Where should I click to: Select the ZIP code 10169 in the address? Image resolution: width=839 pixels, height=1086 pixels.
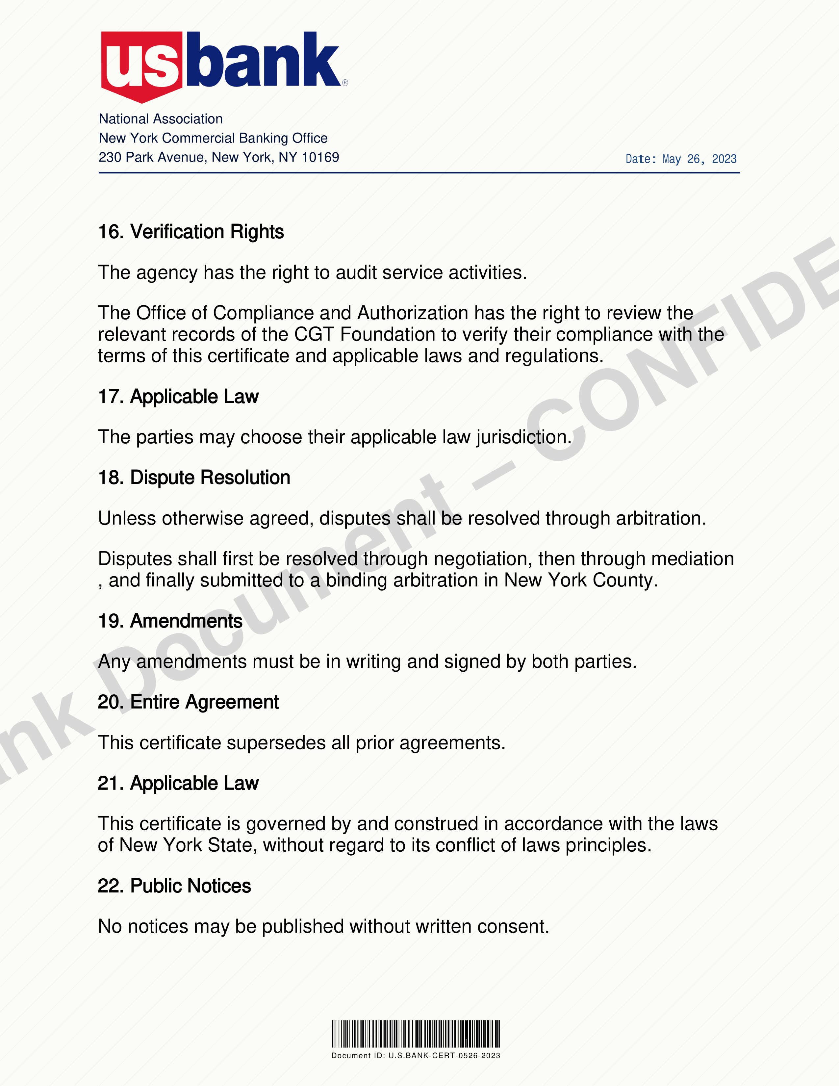pos(320,157)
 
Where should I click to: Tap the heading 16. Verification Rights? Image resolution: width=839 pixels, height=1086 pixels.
pos(191,232)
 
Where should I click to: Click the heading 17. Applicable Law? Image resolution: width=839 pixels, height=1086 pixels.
pos(178,396)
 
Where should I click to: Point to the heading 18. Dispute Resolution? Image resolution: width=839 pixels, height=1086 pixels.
pos(194,478)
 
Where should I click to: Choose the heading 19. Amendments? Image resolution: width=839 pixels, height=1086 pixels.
pos(170,621)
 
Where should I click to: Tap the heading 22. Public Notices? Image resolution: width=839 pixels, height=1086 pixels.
pos(174,886)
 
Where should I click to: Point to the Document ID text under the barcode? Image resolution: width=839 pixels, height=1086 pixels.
pos(416,1056)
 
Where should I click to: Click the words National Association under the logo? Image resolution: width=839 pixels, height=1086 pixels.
pos(161,119)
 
